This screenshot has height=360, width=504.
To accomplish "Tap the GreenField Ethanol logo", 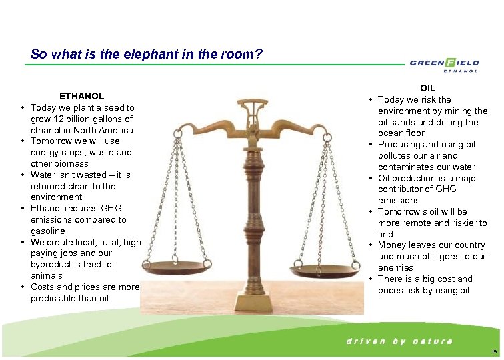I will pyautogui.click(x=444, y=64).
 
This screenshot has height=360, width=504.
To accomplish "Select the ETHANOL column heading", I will pyautogui.click(x=82, y=96).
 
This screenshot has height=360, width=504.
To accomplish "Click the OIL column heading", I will pyautogui.click(x=428, y=88).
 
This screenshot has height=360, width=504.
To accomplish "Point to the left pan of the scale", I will pyautogui.click(x=197, y=253).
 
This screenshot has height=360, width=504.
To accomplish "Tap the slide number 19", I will pyautogui.click(x=493, y=351).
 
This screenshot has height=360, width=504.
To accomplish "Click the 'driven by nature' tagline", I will pyautogui.click(x=399, y=341).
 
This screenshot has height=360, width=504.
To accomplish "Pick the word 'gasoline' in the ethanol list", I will pyautogui.click(x=48, y=231).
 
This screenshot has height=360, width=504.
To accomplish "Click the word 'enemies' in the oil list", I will pyautogui.click(x=395, y=268).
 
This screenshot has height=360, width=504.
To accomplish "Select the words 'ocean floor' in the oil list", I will pyautogui.click(x=401, y=133).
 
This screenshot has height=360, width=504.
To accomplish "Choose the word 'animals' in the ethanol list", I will pyautogui.click(x=47, y=275).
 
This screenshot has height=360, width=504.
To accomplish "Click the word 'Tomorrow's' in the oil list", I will pyautogui.click(x=401, y=212).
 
